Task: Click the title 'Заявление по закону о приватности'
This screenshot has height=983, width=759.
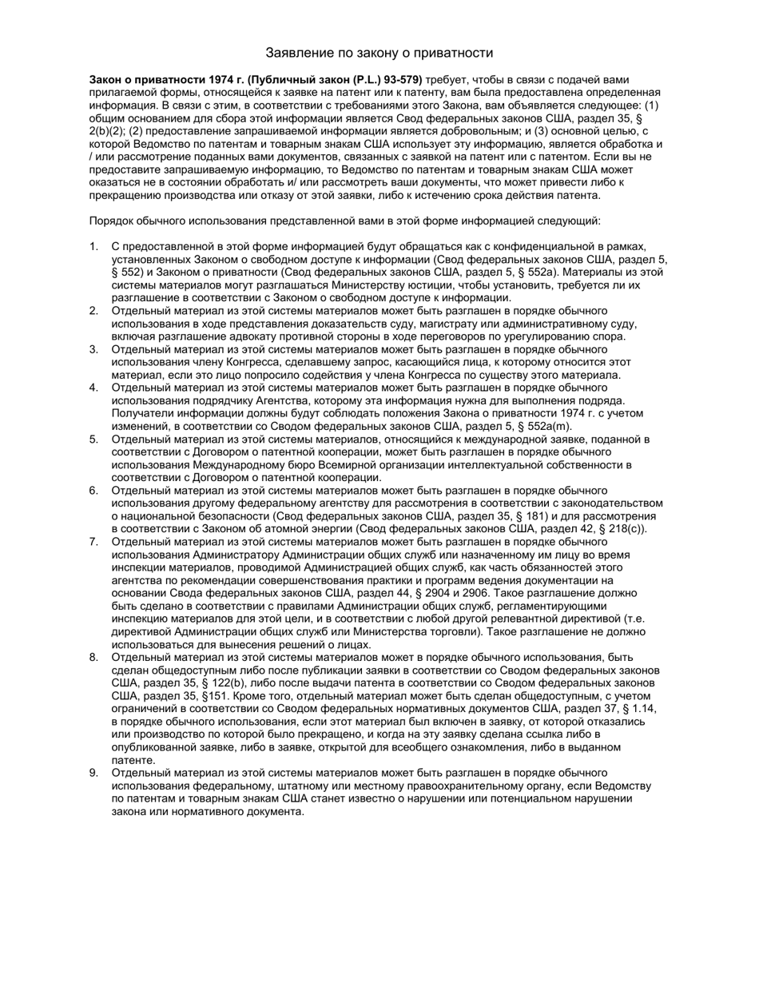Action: (379, 53)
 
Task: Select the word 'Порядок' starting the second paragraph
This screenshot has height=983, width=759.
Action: (111, 221)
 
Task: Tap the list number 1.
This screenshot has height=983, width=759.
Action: (93, 247)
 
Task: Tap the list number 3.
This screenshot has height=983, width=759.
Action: (93, 349)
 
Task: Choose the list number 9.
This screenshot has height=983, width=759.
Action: (93, 772)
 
